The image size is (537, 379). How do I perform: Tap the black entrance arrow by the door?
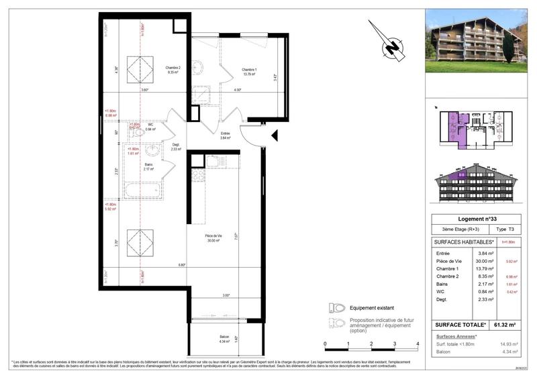(x=273, y=136)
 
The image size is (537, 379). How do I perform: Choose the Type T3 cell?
(x=500, y=229)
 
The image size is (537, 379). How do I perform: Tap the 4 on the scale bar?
(x=418, y=343)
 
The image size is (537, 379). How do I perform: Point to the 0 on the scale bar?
(x=326, y=343)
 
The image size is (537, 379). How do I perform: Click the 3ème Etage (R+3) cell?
(x=454, y=229)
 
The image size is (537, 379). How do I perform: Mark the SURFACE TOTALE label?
(x=456, y=324)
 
